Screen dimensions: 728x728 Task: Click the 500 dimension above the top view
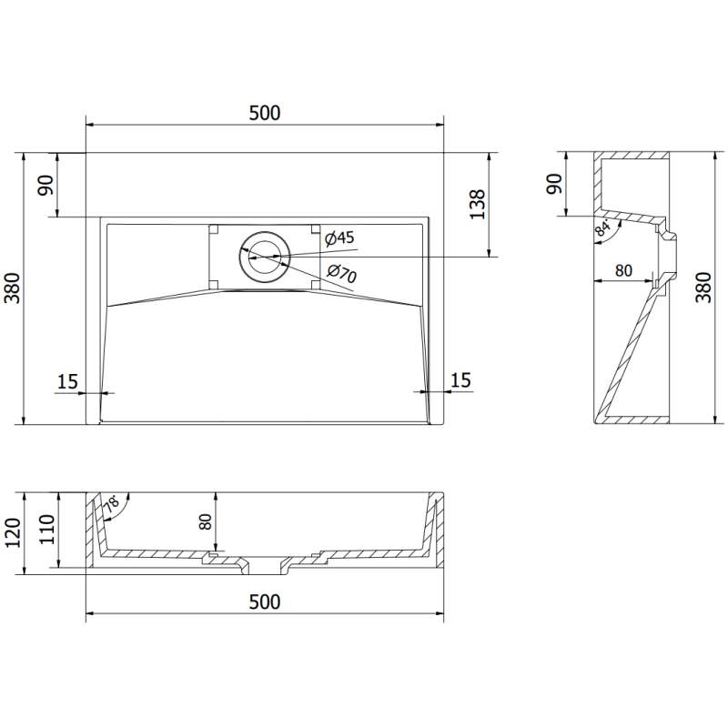coord(264,113)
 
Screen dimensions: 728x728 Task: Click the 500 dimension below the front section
coord(264,602)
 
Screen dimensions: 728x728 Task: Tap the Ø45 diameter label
coord(339,238)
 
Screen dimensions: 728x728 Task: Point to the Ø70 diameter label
coord(341,272)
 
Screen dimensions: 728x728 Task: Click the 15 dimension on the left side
coord(67,380)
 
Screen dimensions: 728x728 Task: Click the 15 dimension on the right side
coord(461,380)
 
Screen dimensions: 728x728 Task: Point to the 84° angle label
coord(602,229)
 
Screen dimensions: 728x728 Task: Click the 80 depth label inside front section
coord(206,522)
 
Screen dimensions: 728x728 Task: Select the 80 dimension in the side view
coord(623,270)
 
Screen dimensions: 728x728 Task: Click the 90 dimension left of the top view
coord(46,185)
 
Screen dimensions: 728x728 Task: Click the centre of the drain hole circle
coord(265,256)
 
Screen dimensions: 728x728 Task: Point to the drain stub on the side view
coord(669,250)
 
